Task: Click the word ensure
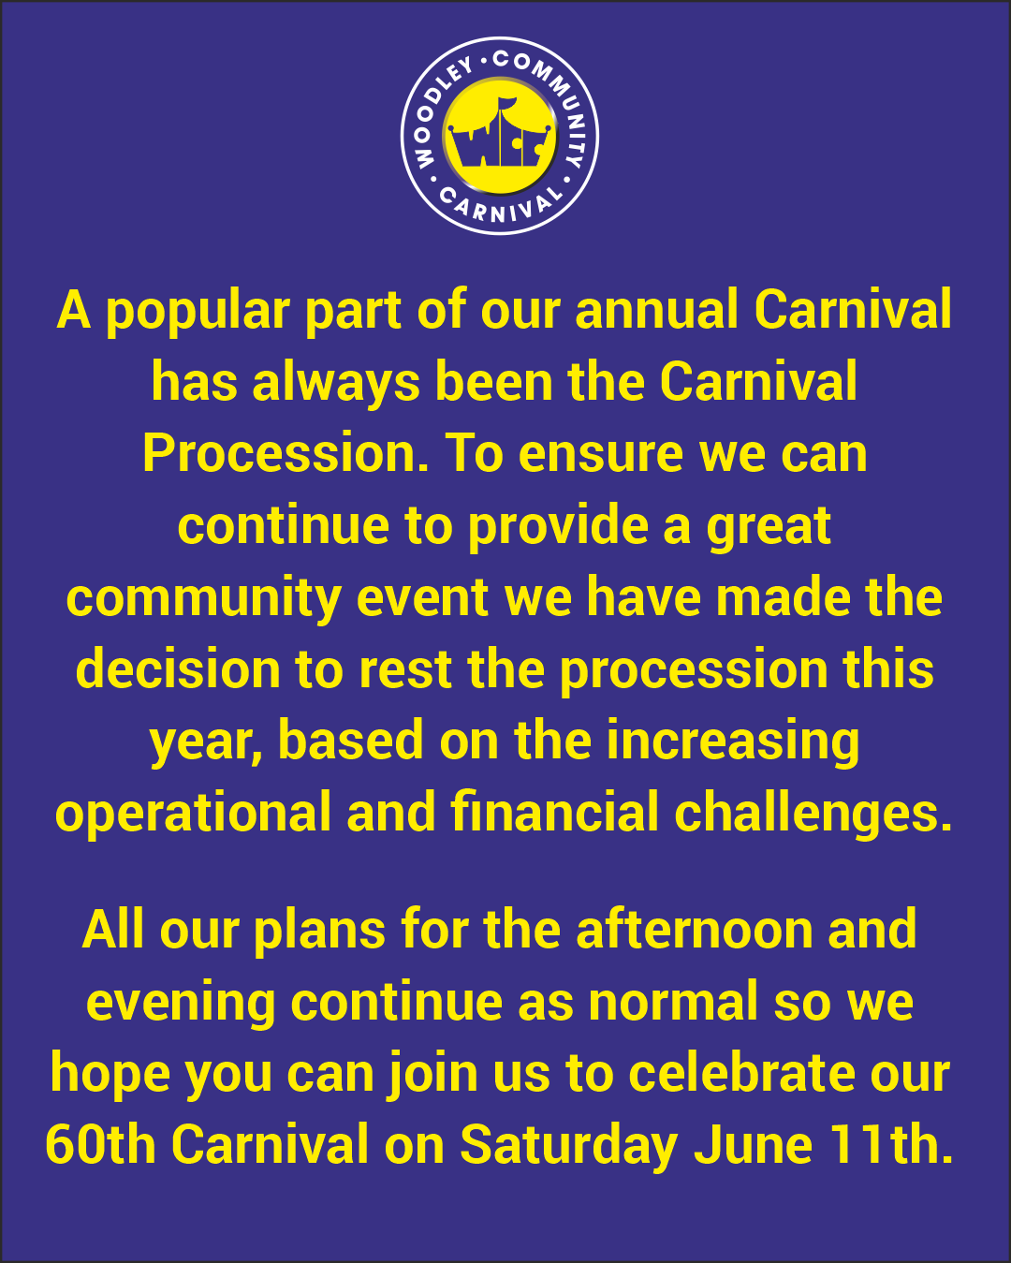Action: click(602, 454)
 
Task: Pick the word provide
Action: click(558, 527)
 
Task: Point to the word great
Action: click(769, 527)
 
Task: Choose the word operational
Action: click(193, 814)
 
